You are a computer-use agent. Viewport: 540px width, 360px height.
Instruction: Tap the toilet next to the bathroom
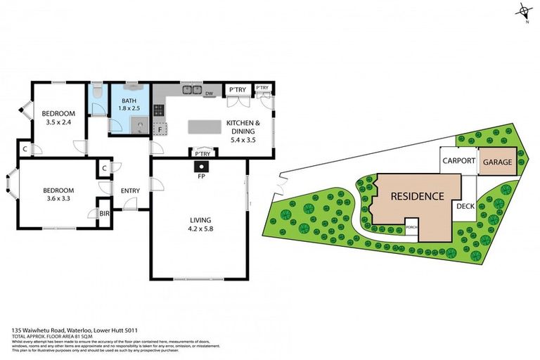click(x=97, y=92)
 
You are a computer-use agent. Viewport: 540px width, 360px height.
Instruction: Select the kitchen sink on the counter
click(x=189, y=90)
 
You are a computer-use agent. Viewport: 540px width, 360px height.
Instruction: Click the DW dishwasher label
click(x=209, y=93)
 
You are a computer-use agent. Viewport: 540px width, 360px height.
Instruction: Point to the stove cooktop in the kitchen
click(x=159, y=110)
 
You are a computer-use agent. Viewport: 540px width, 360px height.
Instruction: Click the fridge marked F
click(x=160, y=129)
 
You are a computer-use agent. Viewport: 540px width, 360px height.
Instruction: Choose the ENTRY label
click(x=130, y=191)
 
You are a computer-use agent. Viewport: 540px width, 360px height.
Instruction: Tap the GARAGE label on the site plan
click(x=497, y=162)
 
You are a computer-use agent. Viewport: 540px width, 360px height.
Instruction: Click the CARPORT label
click(x=459, y=161)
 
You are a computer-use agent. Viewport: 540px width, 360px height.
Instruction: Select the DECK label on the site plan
click(x=465, y=206)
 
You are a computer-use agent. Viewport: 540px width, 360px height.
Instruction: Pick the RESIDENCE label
click(x=417, y=196)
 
